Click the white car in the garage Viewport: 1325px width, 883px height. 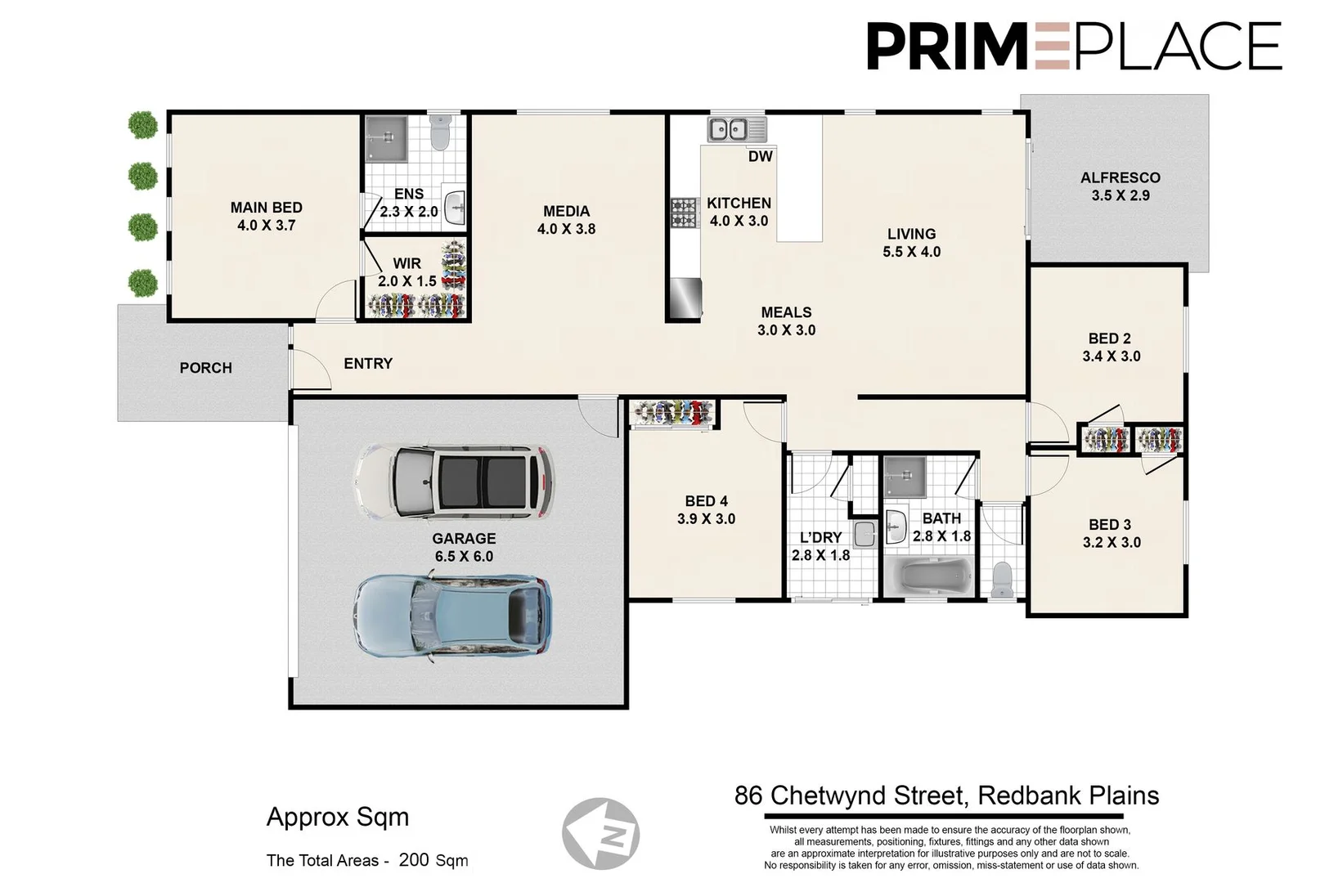tap(453, 482)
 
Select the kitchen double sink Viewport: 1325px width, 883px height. tap(728, 129)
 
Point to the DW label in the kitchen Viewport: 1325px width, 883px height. tap(760, 156)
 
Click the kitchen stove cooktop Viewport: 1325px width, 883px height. tap(684, 213)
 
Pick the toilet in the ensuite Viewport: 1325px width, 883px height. tap(441, 132)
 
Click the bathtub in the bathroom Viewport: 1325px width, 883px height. tap(928, 577)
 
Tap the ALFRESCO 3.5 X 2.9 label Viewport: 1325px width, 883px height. tap(1120, 186)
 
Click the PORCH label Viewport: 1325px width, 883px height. tap(206, 368)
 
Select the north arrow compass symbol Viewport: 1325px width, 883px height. tap(601, 834)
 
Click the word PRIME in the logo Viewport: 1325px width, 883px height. tap(947, 47)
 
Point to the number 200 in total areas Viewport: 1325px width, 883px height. tap(413, 859)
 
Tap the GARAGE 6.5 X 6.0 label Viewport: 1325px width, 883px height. tap(464, 547)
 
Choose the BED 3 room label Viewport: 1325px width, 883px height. tap(1111, 533)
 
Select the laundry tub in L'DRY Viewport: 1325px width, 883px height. tap(864, 536)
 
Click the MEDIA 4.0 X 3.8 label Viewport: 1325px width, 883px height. tap(566, 220)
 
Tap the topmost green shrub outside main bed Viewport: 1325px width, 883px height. tap(143, 125)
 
